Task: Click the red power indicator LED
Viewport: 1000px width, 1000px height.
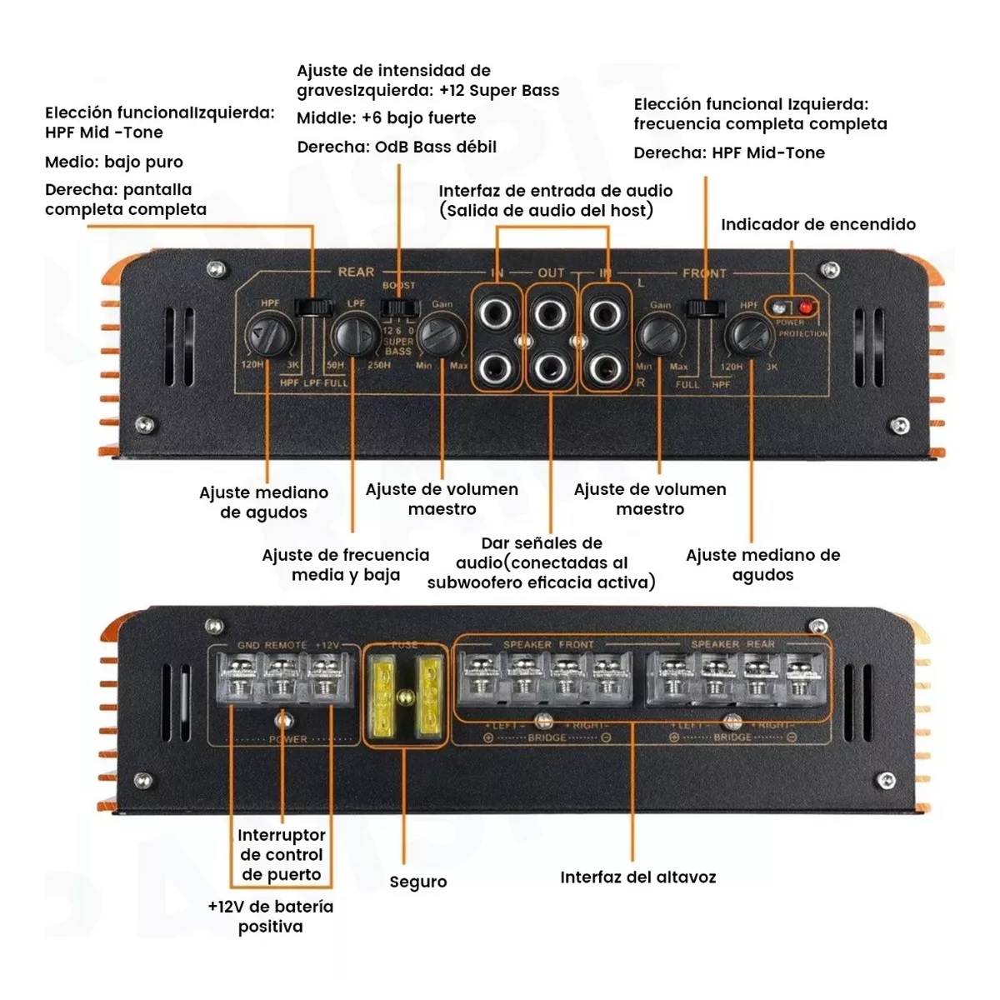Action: click(x=806, y=306)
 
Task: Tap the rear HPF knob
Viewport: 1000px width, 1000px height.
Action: click(x=270, y=336)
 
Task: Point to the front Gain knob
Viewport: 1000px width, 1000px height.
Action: click(x=659, y=336)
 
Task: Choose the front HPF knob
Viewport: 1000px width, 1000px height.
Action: click(x=747, y=336)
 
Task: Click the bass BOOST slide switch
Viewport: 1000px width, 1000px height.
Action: click(x=397, y=307)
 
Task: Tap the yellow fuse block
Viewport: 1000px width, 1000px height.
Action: click(x=404, y=696)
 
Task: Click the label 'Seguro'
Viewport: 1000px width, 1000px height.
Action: click(x=417, y=882)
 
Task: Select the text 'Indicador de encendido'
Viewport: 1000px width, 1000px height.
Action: click(x=817, y=224)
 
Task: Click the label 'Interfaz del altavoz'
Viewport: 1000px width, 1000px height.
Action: click(x=637, y=877)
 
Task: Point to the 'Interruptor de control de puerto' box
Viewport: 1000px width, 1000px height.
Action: click(x=281, y=854)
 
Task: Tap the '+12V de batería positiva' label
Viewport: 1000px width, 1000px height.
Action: click(x=270, y=916)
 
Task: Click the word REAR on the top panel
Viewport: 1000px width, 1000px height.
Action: click(x=356, y=272)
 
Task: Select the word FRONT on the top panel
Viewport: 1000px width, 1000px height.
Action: click(x=704, y=272)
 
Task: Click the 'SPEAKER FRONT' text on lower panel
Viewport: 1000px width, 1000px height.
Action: click(x=548, y=644)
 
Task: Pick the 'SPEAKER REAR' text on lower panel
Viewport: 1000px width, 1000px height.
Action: click(x=732, y=644)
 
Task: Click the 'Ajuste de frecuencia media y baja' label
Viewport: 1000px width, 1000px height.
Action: click(x=346, y=564)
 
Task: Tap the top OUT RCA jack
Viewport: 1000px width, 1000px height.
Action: click(x=550, y=315)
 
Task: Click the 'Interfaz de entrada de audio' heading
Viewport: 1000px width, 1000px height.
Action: click(x=555, y=191)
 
